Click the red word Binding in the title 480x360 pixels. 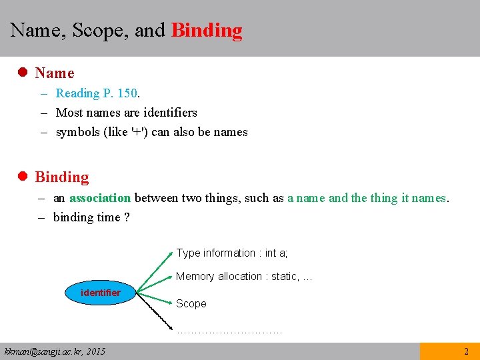207,31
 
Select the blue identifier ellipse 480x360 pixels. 101,293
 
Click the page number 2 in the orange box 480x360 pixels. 466,351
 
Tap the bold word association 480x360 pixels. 100,198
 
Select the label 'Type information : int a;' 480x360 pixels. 232,253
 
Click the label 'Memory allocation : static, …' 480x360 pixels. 244,277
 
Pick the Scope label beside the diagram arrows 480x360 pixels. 191,304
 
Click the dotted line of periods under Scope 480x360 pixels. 229,329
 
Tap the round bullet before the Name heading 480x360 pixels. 22,73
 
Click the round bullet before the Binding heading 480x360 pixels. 22,177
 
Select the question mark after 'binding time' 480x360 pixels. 127,217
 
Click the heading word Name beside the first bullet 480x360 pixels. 55,73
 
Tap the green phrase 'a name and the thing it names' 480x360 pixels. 367,198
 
